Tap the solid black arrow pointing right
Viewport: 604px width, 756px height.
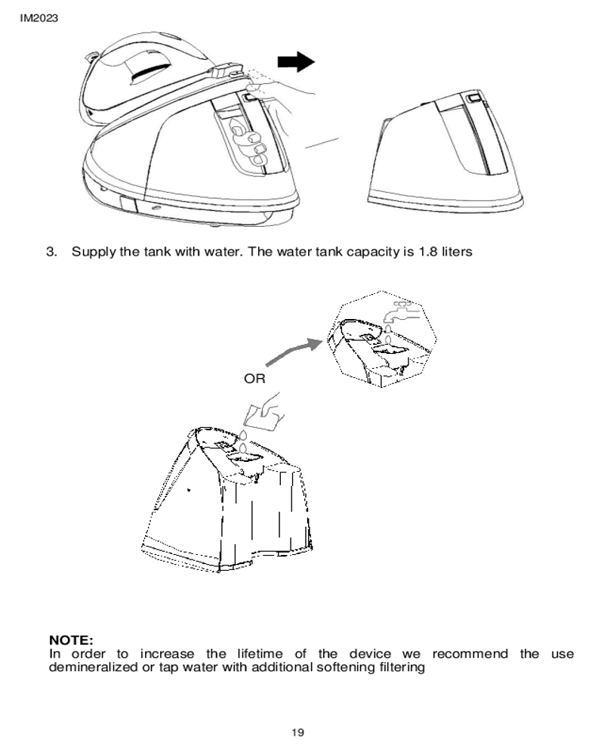coord(295,62)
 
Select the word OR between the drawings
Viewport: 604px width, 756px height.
coord(255,378)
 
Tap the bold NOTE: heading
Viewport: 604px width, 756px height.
coord(71,642)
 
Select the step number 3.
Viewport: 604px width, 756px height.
coord(52,251)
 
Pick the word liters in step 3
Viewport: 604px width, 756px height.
coord(457,251)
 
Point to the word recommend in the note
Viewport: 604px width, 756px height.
coord(470,654)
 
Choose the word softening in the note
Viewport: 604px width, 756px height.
coord(345,668)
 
